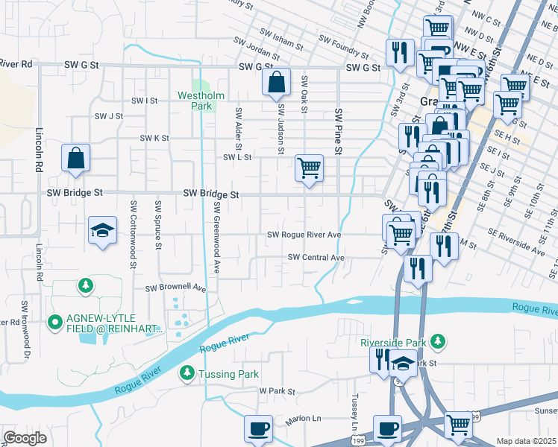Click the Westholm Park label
[196, 101]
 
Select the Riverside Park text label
[392, 343]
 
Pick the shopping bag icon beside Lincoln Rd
[76, 158]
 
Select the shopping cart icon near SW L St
[309, 168]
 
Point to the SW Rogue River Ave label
[304, 235]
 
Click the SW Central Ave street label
[316, 258]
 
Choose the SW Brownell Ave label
[175, 287]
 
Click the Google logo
[25, 438]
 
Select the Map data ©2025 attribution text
[526, 441]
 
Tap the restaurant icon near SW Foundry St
[400, 51]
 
